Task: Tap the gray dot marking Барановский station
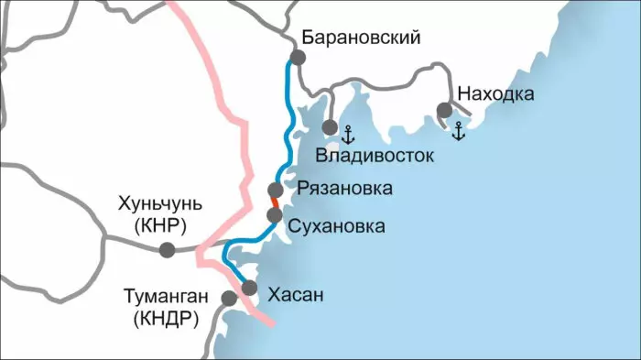pyautogui.click(x=297, y=58)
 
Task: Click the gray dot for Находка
pyautogui.click(x=445, y=111)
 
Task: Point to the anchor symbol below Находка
pyautogui.click(x=459, y=131)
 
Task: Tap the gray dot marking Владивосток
pyautogui.click(x=330, y=126)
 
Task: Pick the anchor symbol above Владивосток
pyautogui.click(x=347, y=135)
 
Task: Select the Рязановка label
pyautogui.click(x=344, y=190)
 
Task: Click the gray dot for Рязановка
pyautogui.click(x=275, y=190)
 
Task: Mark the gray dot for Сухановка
pyautogui.click(x=274, y=215)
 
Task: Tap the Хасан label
pyautogui.click(x=296, y=295)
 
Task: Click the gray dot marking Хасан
pyautogui.click(x=249, y=288)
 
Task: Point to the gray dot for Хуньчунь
pyautogui.click(x=167, y=249)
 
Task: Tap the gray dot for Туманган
pyautogui.click(x=229, y=298)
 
